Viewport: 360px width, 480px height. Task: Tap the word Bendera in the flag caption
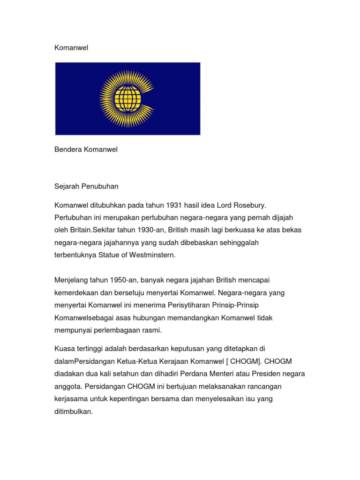coord(68,150)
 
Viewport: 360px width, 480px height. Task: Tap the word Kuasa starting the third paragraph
coord(65,349)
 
